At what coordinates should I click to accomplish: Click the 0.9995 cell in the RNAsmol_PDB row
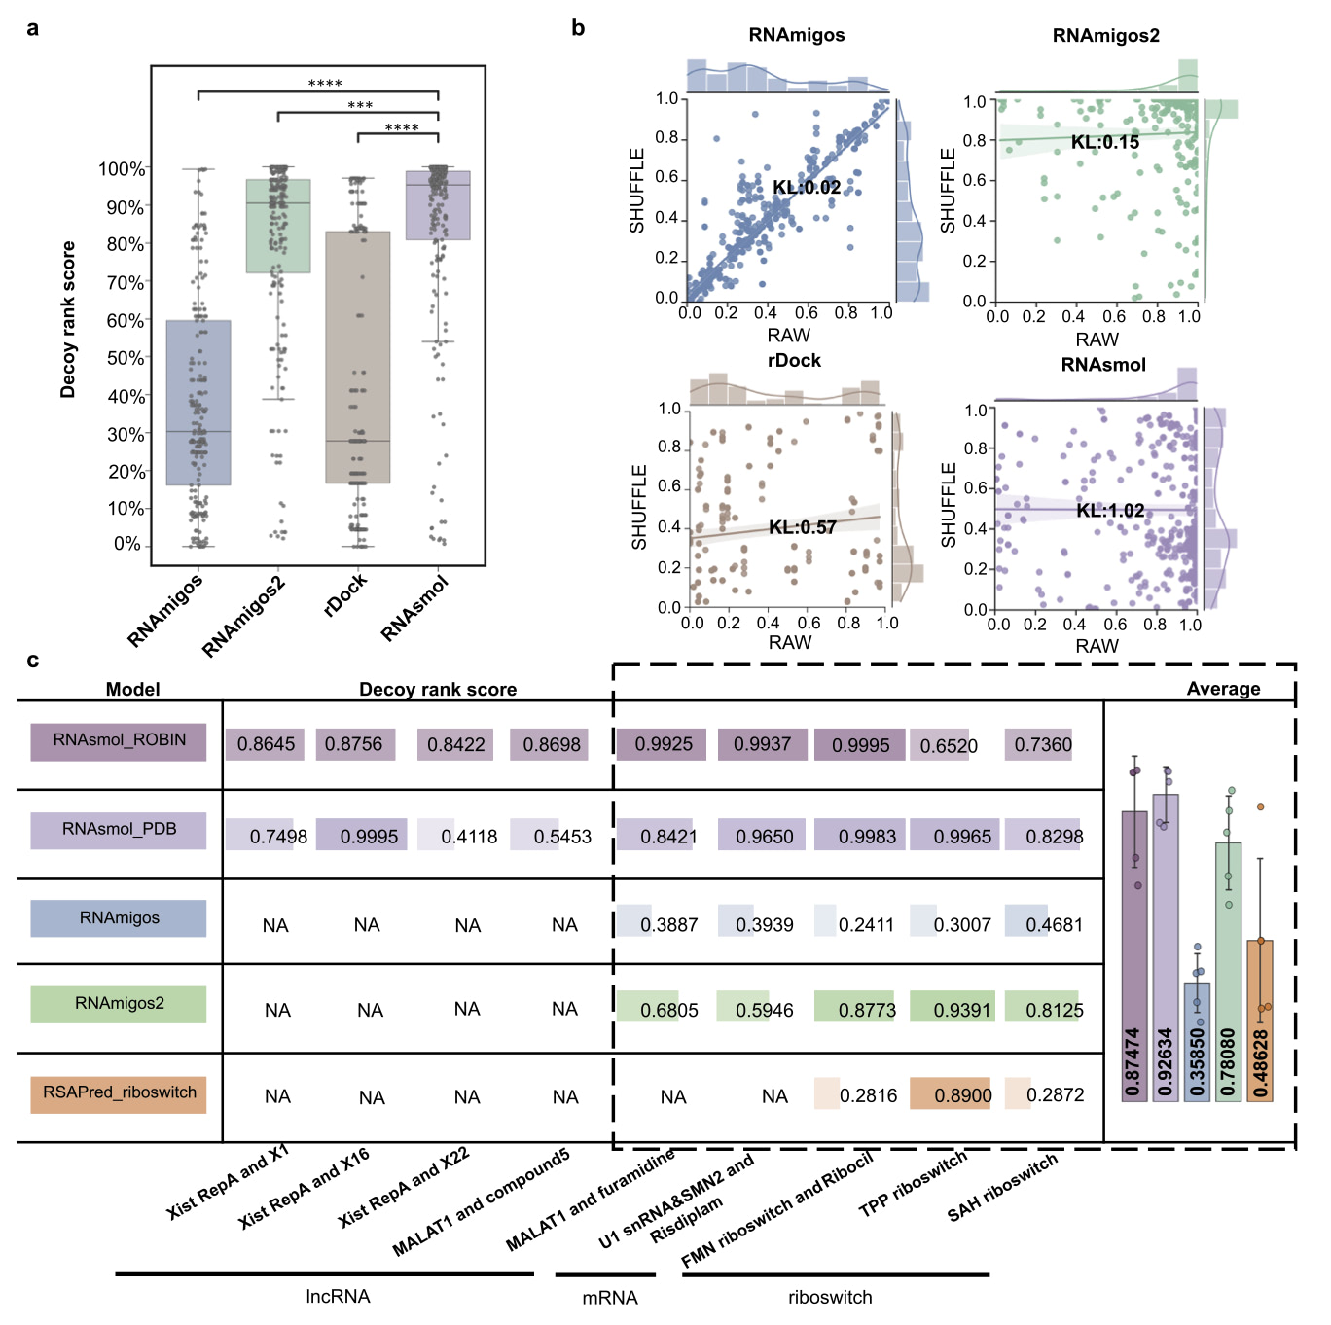(x=368, y=836)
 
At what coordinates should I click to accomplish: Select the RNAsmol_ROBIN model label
(x=119, y=740)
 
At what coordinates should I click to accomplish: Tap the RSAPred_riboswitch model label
(x=119, y=1092)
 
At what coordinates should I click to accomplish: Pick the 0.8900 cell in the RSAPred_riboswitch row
(x=961, y=1095)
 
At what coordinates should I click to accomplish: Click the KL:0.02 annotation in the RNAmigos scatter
(x=807, y=187)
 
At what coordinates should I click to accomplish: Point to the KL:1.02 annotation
(x=1110, y=511)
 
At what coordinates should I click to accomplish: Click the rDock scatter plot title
(x=794, y=360)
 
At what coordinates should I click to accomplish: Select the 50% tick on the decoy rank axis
(x=126, y=358)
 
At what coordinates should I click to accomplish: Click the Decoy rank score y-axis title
(x=67, y=320)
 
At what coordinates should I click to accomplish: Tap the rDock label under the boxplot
(x=346, y=594)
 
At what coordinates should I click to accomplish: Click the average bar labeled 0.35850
(x=1197, y=1041)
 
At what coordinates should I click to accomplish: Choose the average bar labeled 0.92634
(x=1166, y=949)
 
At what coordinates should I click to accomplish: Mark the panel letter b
(x=578, y=28)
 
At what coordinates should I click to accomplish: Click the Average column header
(x=1223, y=689)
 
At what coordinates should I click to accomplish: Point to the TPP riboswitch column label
(x=913, y=1184)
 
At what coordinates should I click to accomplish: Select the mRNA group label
(x=610, y=1298)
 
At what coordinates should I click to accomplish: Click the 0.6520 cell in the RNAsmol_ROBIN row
(x=948, y=746)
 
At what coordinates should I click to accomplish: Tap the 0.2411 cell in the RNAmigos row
(x=865, y=924)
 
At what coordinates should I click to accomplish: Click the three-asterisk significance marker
(x=360, y=105)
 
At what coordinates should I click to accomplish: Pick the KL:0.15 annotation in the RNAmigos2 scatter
(x=1104, y=142)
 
